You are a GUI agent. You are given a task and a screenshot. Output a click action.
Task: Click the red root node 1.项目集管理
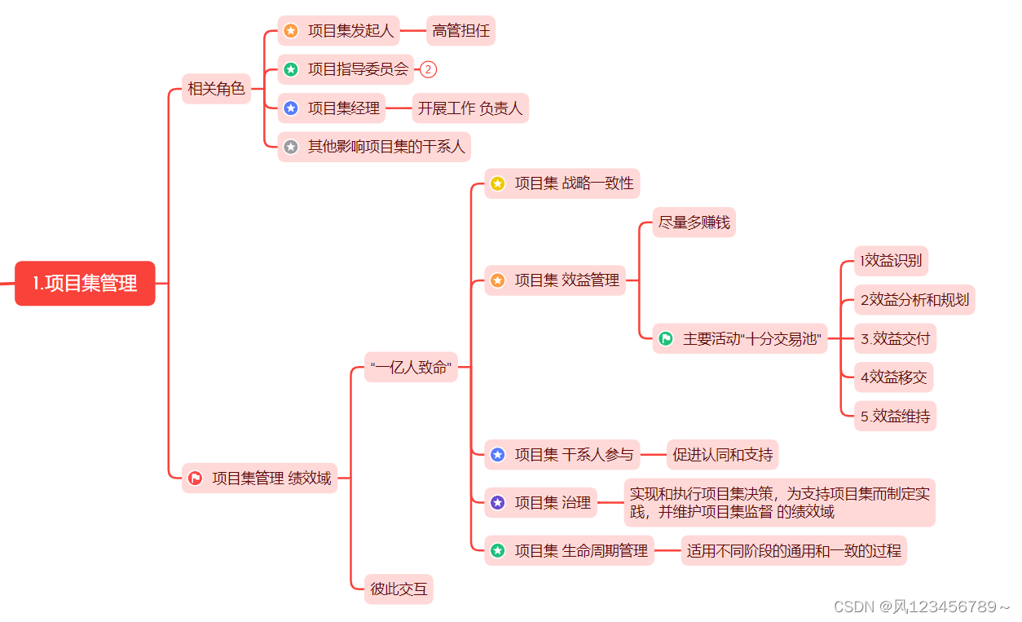85,283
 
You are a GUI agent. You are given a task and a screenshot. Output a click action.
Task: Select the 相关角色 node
216,89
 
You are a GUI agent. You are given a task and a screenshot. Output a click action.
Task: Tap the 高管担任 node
460,31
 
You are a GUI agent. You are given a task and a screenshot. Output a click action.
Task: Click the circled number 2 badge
429,69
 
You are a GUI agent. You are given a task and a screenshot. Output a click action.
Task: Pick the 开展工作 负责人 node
470,108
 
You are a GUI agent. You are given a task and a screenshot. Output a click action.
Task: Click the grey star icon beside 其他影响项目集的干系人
291,147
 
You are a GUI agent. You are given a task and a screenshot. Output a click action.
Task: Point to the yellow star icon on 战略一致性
498,184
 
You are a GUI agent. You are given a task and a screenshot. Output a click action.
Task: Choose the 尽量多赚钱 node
694,223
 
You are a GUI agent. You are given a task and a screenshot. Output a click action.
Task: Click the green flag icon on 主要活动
666,338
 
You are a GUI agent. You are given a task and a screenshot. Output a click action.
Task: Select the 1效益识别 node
891,261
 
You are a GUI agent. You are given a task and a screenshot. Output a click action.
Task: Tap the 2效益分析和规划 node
914,299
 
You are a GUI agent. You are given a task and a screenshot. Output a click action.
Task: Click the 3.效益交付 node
895,338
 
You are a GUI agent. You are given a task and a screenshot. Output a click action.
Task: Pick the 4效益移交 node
893,377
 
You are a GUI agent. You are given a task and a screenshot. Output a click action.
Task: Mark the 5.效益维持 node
895,416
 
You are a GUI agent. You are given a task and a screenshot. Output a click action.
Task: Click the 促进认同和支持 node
722,454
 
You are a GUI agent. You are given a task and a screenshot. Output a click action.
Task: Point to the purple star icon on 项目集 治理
498,503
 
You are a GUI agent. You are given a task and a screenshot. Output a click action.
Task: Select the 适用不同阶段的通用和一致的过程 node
793,550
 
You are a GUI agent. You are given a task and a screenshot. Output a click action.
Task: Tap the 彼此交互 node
399,588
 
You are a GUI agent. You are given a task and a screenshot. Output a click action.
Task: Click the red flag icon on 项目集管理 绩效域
196,479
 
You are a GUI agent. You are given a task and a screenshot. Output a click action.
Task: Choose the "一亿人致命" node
410,367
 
